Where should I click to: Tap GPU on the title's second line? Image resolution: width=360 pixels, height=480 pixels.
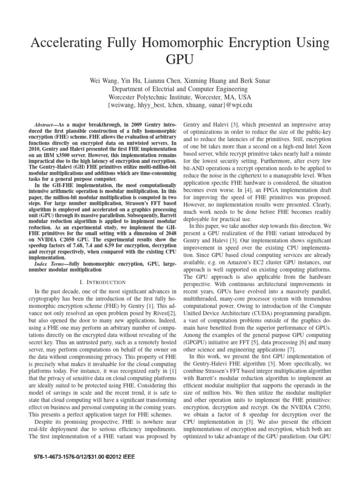(180, 60)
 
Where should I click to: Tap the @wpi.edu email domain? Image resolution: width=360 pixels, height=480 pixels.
(238, 105)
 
